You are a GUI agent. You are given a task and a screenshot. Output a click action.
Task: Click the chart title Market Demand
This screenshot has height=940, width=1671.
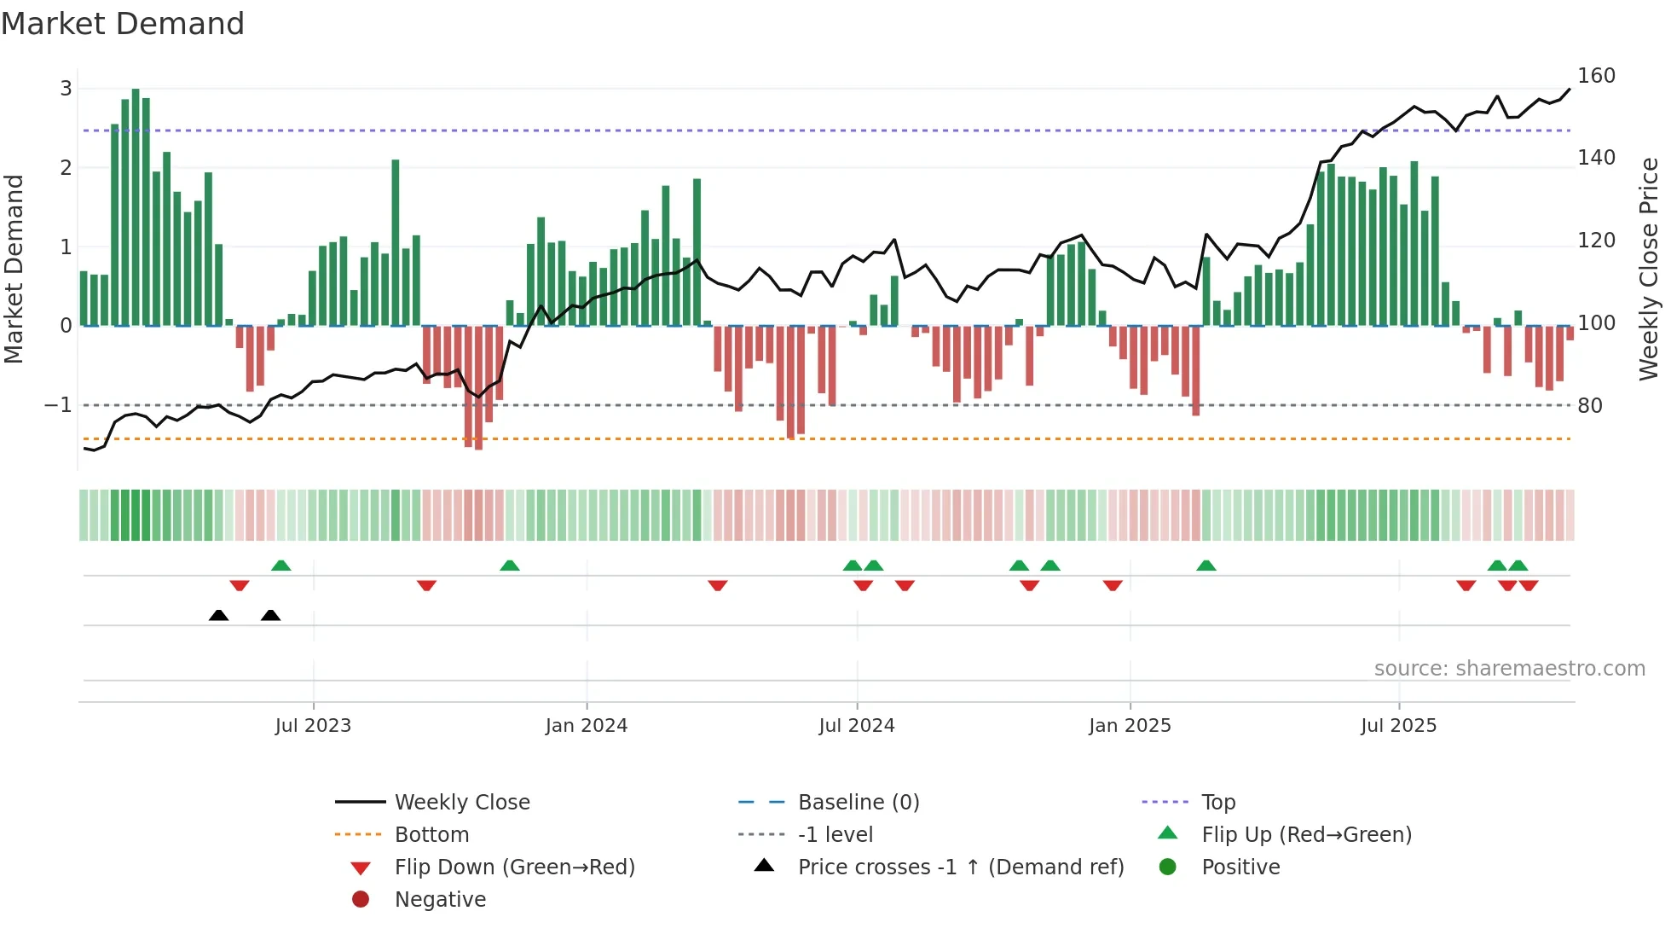(123, 24)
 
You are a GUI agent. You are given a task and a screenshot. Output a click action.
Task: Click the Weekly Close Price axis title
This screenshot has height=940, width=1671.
(1649, 269)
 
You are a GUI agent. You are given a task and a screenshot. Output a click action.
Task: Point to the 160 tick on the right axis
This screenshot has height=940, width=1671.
(1596, 76)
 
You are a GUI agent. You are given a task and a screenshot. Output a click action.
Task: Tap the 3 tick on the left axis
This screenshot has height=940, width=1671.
(66, 89)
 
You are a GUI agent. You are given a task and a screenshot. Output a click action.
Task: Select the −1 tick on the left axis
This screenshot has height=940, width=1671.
(58, 405)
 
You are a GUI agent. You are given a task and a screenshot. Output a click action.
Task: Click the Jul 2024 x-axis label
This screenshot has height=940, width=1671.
(857, 726)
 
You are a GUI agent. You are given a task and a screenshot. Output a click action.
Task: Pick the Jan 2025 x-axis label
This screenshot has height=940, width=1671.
(1130, 726)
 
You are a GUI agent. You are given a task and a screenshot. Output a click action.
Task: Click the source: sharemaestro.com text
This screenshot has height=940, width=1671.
(1509, 669)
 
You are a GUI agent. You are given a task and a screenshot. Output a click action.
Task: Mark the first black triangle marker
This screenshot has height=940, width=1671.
(218, 616)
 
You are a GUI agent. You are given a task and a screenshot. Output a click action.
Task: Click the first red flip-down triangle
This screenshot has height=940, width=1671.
(240, 585)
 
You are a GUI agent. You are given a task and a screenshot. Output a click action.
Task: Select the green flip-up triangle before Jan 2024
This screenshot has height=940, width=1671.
(510, 566)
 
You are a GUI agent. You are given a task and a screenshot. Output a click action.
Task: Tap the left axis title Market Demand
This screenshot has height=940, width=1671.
(14, 269)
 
